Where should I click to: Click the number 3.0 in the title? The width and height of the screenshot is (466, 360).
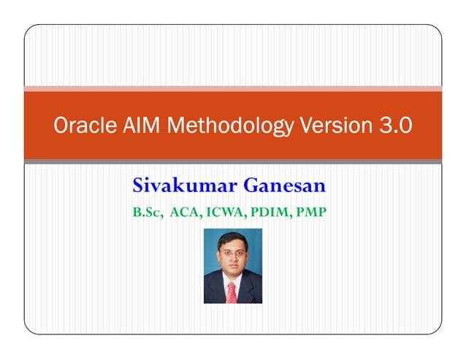click(x=395, y=126)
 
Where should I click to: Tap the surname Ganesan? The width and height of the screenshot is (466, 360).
click(x=284, y=186)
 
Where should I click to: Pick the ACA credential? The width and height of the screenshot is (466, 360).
click(x=185, y=212)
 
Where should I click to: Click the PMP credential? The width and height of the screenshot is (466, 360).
click(x=310, y=212)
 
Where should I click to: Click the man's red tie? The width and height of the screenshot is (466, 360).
click(x=232, y=292)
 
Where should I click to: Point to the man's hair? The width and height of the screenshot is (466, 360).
click(x=232, y=240)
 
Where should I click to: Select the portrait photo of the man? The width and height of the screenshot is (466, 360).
click(x=232, y=266)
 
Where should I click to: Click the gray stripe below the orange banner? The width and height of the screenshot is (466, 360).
click(x=233, y=161)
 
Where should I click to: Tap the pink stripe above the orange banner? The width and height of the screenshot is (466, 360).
click(x=233, y=88)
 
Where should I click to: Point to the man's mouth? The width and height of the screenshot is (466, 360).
click(x=232, y=269)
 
